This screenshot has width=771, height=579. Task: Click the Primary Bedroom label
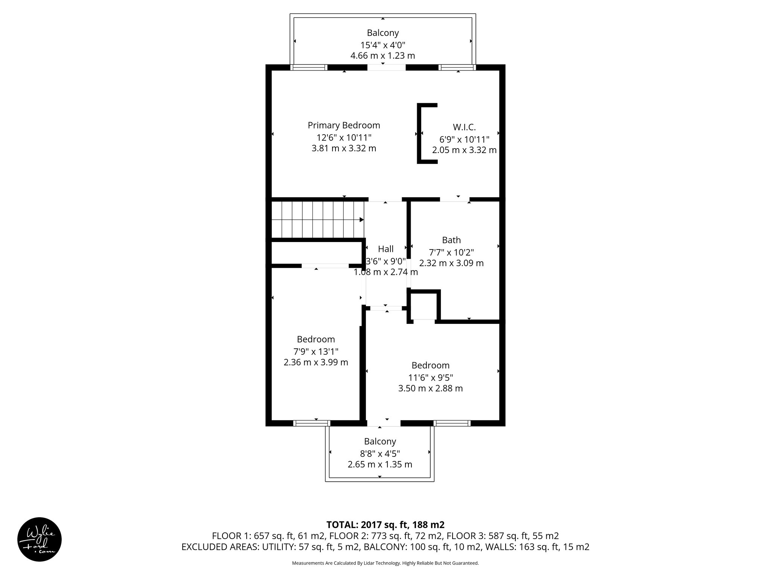[344, 125]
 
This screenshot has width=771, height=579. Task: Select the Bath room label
[451, 240]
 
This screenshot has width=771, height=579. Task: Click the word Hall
[385, 249]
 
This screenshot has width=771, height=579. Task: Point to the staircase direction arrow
[361, 219]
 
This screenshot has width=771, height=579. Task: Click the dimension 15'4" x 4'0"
[382, 45]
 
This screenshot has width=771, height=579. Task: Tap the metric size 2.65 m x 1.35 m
[380, 464]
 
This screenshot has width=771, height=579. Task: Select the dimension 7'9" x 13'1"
[316, 352]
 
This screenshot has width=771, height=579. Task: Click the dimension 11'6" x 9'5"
[430, 377]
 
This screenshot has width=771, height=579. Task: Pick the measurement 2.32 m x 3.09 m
[451, 263]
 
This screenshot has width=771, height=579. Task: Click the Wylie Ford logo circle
[40, 539]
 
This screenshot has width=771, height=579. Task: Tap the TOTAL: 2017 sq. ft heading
[385, 524]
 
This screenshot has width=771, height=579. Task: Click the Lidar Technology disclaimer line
[385, 563]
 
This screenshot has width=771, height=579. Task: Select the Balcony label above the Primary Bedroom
[382, 33]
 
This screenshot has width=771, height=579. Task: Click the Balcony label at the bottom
[380, 441]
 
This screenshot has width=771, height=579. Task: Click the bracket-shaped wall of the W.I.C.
[419, 133]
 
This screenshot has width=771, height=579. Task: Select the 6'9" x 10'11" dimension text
[464, 139]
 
